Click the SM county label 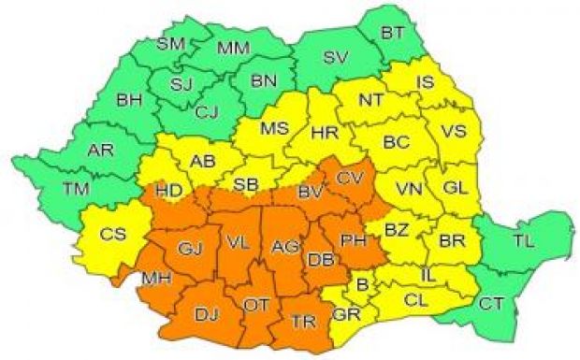171,44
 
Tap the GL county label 456,187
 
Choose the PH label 353,240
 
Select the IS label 424,84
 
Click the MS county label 274,128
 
